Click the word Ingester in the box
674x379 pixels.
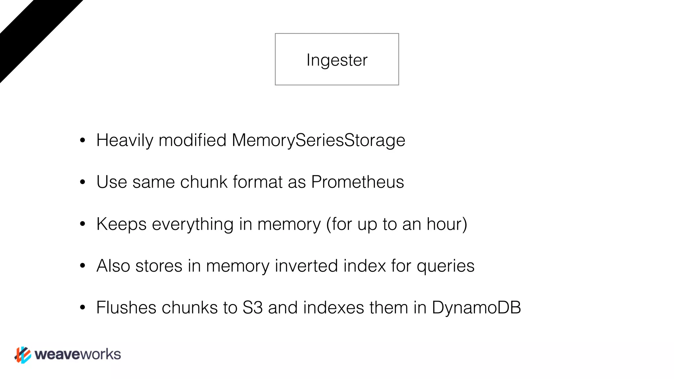pos(337,60)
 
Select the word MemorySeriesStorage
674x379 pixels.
pos(318,140)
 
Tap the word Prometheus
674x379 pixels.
pos(357,182)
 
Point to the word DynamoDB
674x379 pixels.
pos(476,308)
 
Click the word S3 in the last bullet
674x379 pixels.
pos(252,308)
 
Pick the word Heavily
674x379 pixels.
pos(125,140)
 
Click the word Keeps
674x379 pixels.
pos(121,224)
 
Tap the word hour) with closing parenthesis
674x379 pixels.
pos(447,224)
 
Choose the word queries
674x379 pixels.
pos(445,266)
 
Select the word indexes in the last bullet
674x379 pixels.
pos(333,308)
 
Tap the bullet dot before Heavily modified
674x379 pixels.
pos(83,140)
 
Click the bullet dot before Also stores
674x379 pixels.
pos(83,266)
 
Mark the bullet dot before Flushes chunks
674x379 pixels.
pos(83,308)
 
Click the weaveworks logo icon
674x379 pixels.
pos(23,355)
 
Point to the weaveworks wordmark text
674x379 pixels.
pos(78,354)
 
